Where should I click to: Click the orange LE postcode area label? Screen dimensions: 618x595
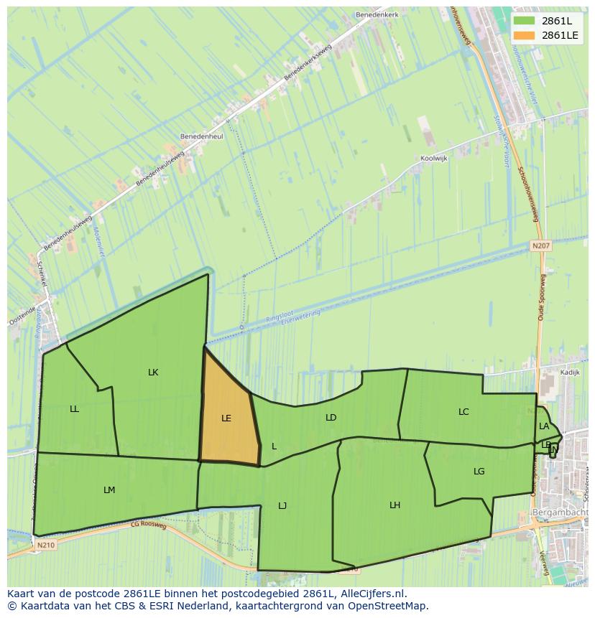[x=226, y=418]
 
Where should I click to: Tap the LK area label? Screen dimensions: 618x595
[x=153, y=372]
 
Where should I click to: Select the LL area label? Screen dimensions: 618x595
[x=75, y=409]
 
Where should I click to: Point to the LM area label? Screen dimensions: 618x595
[x=109, y=490]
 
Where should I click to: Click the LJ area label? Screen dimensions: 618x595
[x=282, y=506]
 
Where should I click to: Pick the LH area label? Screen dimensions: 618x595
[x=395, y=505]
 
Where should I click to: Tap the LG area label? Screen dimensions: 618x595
[x=479, y=472]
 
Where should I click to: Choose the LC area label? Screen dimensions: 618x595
[x=463, y=412]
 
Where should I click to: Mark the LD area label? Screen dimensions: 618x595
[x=331, y=417]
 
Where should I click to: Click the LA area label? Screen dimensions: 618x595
[x=544, y=426]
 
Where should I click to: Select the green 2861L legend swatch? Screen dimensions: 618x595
[x=524, y=21]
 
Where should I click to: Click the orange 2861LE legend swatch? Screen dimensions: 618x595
[x=524, y=35]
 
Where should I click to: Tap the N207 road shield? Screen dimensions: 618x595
[x=540, y=245]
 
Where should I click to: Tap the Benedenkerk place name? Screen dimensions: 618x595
[x=376, y=14]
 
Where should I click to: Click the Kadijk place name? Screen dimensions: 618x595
[x=570, y=373]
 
